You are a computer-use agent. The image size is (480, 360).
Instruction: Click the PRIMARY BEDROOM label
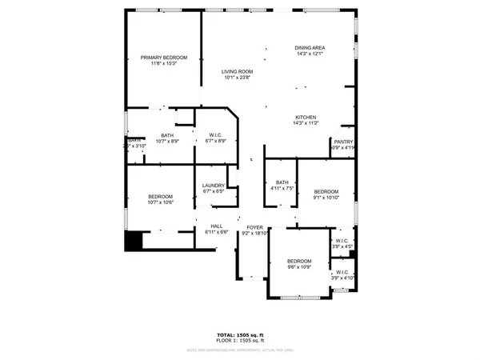164,58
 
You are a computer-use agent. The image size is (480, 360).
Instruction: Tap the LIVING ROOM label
237,72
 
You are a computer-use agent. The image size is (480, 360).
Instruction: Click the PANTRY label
343,142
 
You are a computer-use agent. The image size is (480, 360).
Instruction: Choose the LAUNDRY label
213,186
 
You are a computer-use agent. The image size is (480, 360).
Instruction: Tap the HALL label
216,226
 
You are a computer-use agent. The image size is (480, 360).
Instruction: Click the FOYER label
254,226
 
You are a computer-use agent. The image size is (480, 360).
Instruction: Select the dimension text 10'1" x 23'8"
237,78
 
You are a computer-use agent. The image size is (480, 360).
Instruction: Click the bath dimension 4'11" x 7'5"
282,189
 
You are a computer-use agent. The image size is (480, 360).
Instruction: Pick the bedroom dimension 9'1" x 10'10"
326,198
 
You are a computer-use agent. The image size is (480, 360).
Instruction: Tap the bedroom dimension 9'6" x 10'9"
299,267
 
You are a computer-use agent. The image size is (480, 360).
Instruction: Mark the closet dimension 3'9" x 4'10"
342,278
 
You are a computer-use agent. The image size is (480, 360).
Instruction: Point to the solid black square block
134,241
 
